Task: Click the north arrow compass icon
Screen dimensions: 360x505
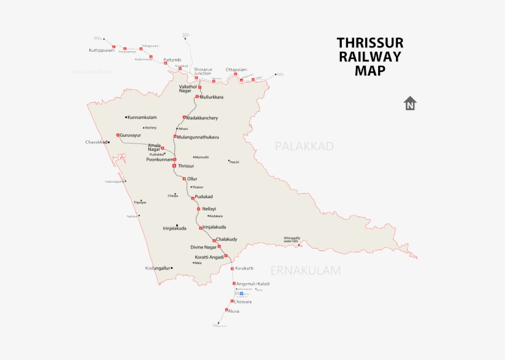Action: [410, 103]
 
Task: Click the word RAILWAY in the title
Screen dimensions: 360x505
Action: [370, 57]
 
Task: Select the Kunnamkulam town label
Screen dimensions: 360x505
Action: [142, 117]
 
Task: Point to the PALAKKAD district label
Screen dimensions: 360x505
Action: [304, 146]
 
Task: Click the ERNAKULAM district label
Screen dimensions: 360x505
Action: [305, 270]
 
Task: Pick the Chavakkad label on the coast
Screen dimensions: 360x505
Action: [97, 142]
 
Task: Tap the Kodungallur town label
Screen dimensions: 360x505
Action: [157, 268]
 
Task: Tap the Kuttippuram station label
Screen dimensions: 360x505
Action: [102, 50]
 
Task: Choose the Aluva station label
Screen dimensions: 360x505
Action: [233, 311]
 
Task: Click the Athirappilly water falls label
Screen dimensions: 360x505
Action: [292, 239]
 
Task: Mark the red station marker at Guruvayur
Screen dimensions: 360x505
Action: [118, 134]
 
